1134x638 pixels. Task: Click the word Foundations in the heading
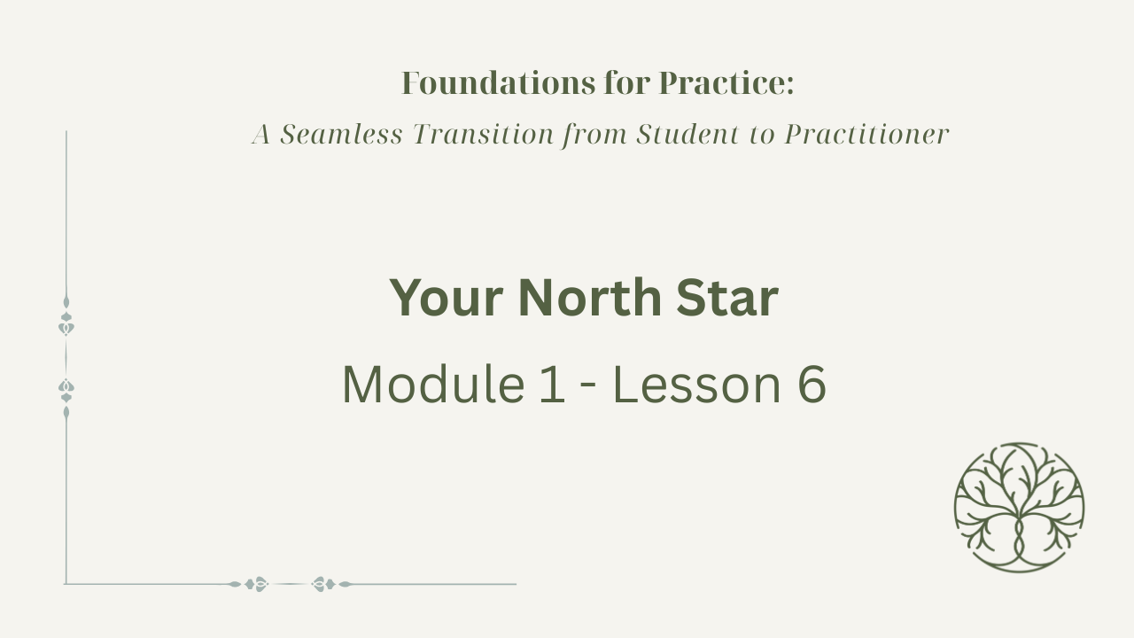pyautogui.click(x=499, y=83)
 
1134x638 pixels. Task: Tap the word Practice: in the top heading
pyautogui.click(x=726, y=83)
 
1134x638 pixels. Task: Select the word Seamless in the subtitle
pyautogui.click(x=342, y=134)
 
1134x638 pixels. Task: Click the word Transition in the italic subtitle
pyautogui.click(x=484, y=134)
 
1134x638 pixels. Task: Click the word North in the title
pyautogui.click(x=590, y=298)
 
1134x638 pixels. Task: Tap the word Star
pyautogui.click(x=727, y=298)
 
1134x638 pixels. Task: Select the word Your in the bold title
pyautogui.click(x=446, y=299)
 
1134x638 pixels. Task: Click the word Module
pyautogui.click(x=433, y=385)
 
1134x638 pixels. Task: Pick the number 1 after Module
pyautogui.click(x=552, y=385)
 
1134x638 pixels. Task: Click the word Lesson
pyautogui.click(x=697, y=385)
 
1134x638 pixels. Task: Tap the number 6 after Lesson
pyautogui.click(x=812, y=385)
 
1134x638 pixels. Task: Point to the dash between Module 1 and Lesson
pyautogui.click(x=588, y=387)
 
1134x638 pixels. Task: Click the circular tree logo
pyautogui.click(x=1019, y=508)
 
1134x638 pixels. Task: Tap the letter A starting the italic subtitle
pyautogui.click(x=261, y=135)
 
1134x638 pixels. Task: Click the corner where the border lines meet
pyautogui.click(x=66, y=584)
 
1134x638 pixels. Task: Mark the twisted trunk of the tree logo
pyautogui.click(x=1019, y=540)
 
